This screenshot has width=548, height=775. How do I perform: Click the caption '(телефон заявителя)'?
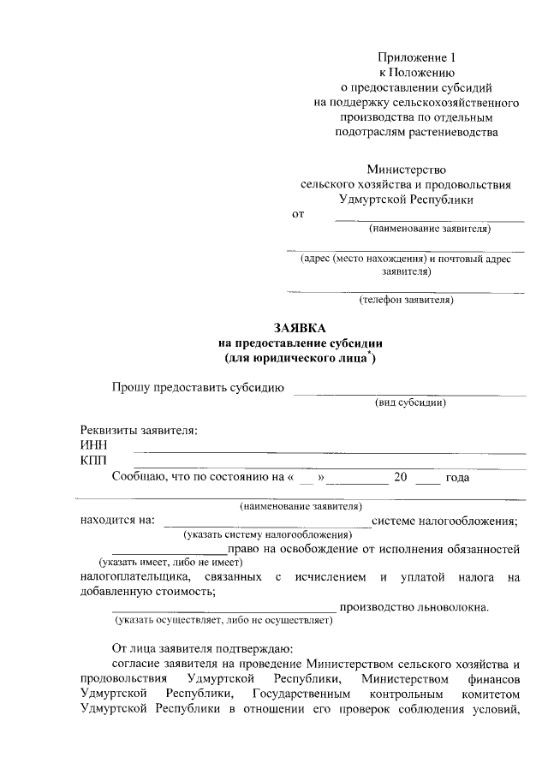406,300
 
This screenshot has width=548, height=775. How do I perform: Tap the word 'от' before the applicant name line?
298,214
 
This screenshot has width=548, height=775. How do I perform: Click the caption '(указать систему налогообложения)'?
263,534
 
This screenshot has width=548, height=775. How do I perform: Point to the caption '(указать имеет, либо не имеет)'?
171,563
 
